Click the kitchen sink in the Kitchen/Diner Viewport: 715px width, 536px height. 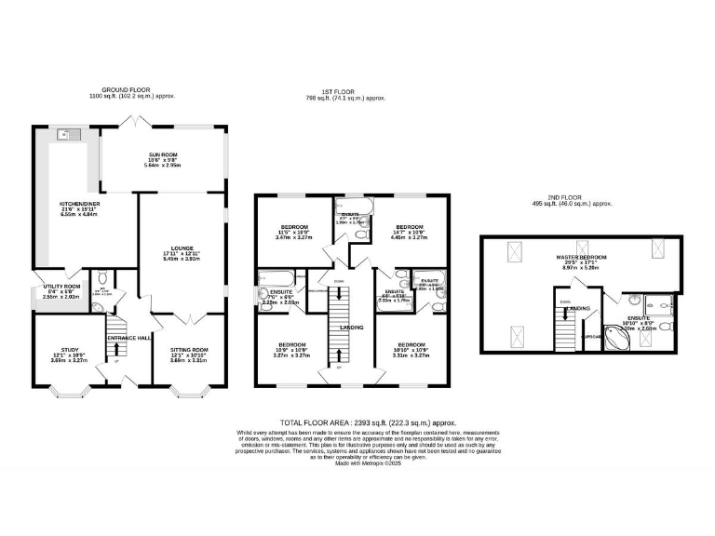64,135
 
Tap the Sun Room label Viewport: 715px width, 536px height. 164,155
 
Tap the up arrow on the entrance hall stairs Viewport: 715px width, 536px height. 115,351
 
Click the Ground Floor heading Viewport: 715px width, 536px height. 131,90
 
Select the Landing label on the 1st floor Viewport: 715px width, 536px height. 351,328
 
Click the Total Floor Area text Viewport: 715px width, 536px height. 357,422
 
